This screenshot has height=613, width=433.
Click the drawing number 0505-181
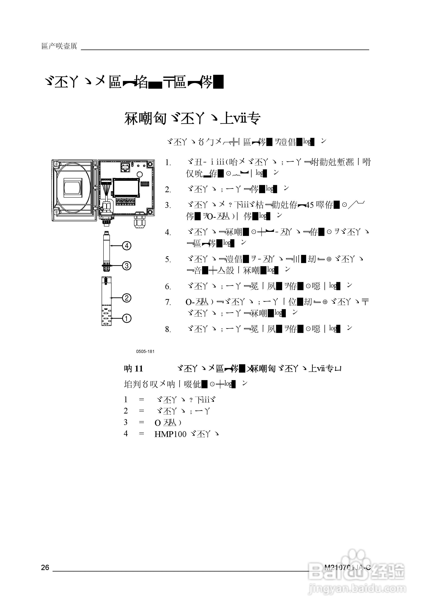(x=145, y=351)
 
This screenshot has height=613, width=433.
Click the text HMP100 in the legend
(x=170, y=434)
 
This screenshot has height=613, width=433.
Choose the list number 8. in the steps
(x=168, y=329)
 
